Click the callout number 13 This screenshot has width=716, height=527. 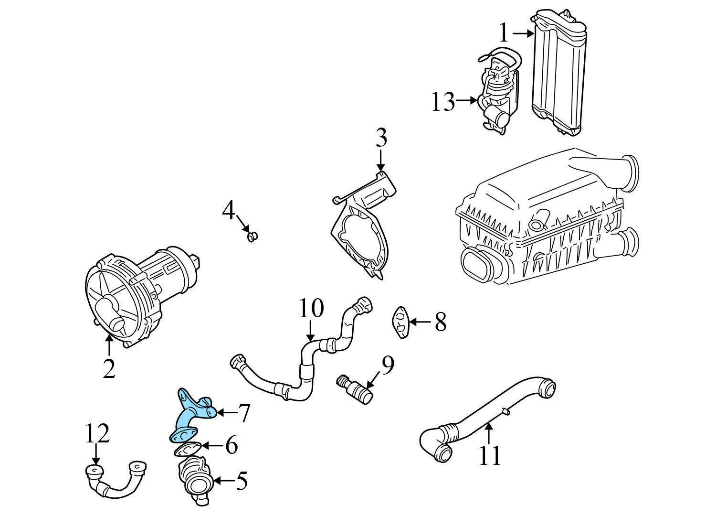(443, 102)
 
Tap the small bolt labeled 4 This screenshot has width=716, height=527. (252, 236)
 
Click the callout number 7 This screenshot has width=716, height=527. (244, 413)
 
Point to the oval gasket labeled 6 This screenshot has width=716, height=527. (187, 449)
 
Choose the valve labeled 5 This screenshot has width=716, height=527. (195, 479)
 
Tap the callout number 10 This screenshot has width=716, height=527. (311, 309)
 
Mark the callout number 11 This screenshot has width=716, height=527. (490, 455)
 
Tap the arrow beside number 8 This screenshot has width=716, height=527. (420, 322)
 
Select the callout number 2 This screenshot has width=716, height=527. (109, 368)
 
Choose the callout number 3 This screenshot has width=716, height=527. (380, 138)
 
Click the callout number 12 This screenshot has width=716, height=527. (97, 433)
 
